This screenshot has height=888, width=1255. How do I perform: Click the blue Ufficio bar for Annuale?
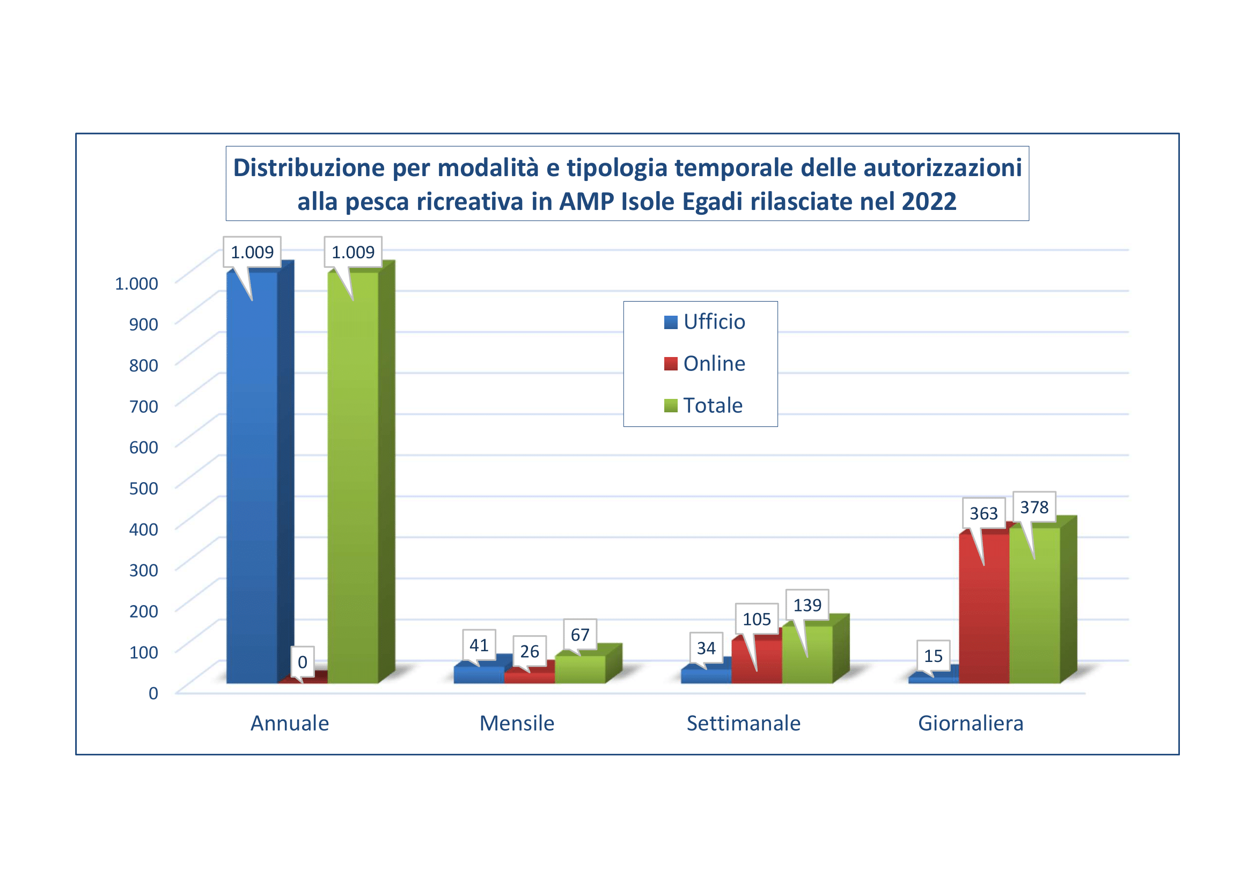[252, 481]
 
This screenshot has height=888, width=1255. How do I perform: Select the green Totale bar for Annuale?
[353, 481]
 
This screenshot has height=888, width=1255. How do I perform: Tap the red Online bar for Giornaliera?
[984, 618]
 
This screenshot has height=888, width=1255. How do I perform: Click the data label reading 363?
[984, 513]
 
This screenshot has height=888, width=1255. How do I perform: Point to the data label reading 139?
[808, 605]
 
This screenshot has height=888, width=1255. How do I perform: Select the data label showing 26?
[529, 651]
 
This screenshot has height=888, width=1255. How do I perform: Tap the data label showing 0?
[302, 662]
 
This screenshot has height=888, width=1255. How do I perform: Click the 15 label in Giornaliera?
[933, 656]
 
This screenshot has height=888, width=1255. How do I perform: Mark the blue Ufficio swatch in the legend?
[671, 322]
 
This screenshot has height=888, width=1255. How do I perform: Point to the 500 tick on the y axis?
[144, 488]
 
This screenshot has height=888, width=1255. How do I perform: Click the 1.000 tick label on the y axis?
[136, 283]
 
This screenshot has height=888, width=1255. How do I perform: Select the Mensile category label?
[517, 723]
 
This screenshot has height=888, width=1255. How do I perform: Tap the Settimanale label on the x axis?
[743, 723]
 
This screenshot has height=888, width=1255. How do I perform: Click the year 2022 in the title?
[929, 202]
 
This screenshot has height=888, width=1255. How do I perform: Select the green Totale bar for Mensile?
[580, 670]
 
